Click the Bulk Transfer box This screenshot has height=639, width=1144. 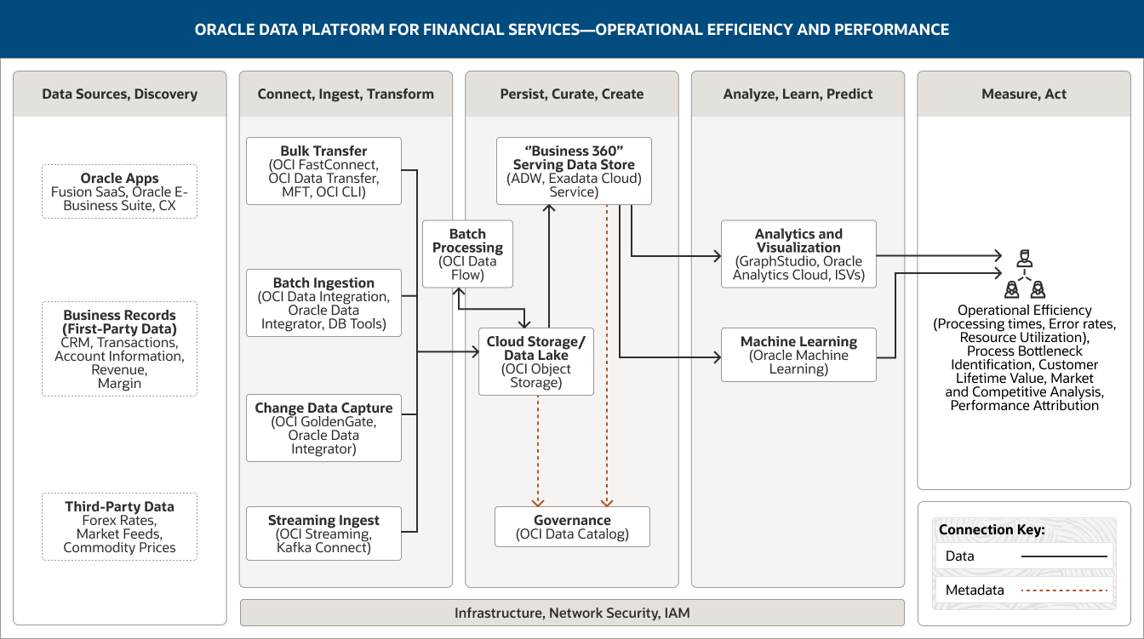pos(323,171)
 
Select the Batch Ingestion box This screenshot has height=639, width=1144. pos(323,303)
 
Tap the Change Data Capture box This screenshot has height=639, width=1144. pos(323,428)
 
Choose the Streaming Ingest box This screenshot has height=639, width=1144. pos(323,533)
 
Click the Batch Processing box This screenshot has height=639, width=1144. pos(467,254)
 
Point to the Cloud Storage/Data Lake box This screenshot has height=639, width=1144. pos(536,362)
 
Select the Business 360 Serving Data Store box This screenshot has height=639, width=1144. pos(574,171)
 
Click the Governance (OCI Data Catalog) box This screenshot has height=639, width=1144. pos(572,527)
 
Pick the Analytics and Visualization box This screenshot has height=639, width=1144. pos(798,254)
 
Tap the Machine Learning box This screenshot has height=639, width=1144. pos(798,355)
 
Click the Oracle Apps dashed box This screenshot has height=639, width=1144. pos(119,191)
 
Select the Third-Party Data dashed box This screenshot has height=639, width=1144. pos(119,527)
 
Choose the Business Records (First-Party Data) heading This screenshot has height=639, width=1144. pos(119,322)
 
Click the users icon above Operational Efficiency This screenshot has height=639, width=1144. pos(1025,272)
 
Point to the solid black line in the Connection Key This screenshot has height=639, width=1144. pos(1064,556)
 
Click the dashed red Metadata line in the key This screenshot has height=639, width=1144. pos(1064,591)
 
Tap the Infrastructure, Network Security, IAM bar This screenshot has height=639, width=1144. pos(572,613)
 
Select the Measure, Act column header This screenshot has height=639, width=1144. pos(1024,94)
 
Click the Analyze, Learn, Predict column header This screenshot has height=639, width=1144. pos(798,94)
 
